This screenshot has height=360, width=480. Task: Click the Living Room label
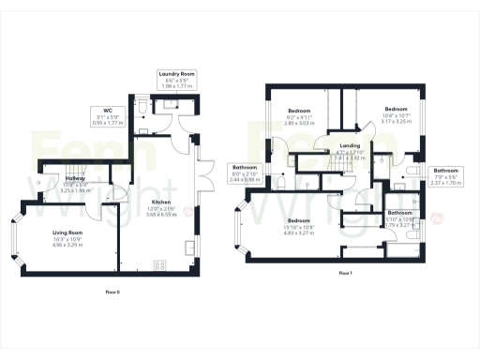(67, 232)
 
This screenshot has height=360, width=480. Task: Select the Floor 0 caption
(113, 292)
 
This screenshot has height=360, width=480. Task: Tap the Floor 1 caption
(344, 273)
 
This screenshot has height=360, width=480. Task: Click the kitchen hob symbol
(160, 265)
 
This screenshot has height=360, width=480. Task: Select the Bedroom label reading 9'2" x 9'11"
(300, 111)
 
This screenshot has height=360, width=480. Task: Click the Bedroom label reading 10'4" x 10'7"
(396, 110)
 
